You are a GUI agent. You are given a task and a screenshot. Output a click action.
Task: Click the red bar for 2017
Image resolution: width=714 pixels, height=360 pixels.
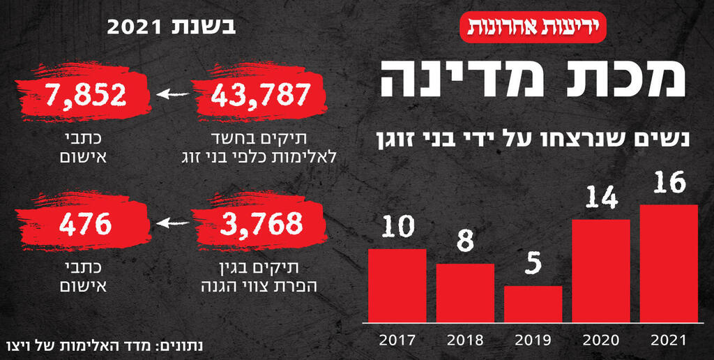point(397,286)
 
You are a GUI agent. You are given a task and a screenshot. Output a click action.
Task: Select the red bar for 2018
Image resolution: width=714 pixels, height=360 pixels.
point(465,293)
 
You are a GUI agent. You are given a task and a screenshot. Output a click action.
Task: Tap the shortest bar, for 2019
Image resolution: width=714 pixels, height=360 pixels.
point(533,304)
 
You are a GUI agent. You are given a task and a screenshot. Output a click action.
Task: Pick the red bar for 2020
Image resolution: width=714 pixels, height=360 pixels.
point(601,271)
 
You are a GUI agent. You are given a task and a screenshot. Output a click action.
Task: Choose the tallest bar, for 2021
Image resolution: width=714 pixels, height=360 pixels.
point(669,264)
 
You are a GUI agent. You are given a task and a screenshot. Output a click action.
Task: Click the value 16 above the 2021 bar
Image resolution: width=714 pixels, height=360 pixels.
point(669,183)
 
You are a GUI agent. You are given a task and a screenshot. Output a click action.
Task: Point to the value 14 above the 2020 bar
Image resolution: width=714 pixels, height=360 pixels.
point(601,199)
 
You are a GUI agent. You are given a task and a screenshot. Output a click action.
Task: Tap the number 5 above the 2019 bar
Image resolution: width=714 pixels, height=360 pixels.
point(533,265)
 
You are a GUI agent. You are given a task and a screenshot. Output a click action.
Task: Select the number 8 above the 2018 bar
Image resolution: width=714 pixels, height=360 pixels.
point(465,242)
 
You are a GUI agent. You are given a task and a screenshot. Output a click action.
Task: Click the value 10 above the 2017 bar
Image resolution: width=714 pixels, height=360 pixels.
point(397,227)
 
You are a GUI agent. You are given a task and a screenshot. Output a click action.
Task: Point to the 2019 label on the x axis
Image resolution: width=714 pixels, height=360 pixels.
point(533,341)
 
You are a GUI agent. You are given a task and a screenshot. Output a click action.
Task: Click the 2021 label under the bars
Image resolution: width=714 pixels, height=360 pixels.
point(669,341)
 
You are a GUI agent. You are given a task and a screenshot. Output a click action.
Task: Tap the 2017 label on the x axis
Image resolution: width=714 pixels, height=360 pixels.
point(397,341)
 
